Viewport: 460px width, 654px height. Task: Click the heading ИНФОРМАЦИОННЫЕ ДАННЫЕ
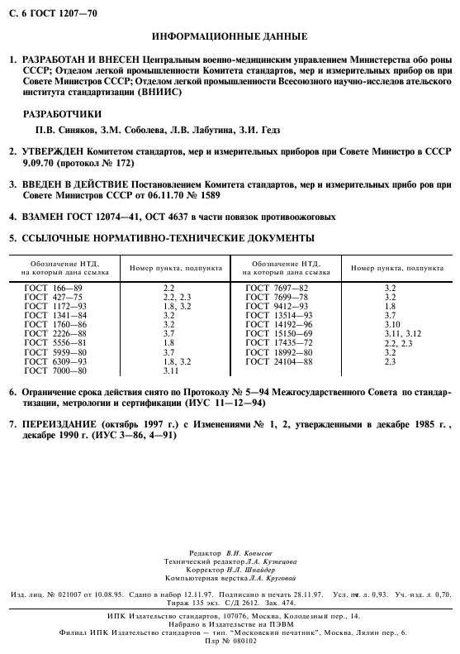230,36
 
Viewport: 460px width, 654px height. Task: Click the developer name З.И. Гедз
258,131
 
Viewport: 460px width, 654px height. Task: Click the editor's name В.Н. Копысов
249,552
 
